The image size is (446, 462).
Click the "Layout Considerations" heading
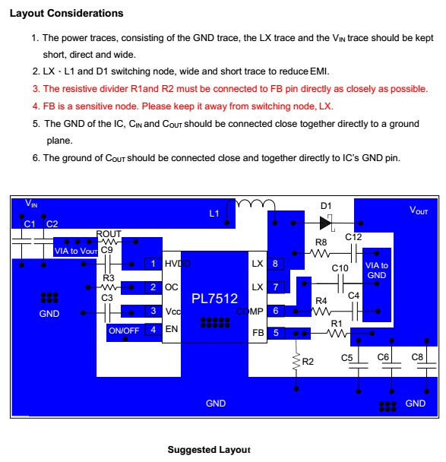click(67, 13)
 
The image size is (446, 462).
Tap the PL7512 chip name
click(214, 299)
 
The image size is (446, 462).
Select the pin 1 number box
click(153, 264)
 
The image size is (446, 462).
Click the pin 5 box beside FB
click(276, 333)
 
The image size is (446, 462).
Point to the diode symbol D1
click(326, 223)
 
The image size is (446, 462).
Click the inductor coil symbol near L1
click(255, 204)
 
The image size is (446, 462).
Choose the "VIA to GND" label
click(376, 271)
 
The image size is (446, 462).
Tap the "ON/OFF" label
click(124, 331)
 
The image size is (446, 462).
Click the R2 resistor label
click(308, 362)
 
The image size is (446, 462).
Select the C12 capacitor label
click(353, 237)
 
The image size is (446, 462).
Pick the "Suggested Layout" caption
click(209, 450)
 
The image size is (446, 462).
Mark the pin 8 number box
click(275, 264)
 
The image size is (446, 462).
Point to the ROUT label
click(109, 233)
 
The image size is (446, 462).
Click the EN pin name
click(172, 329)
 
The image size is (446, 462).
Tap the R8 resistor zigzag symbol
click(320, 253)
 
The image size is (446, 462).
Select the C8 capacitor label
click(417, 357)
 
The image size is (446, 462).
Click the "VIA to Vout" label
click(76, 251)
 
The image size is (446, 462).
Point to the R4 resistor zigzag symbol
click(321, 311)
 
